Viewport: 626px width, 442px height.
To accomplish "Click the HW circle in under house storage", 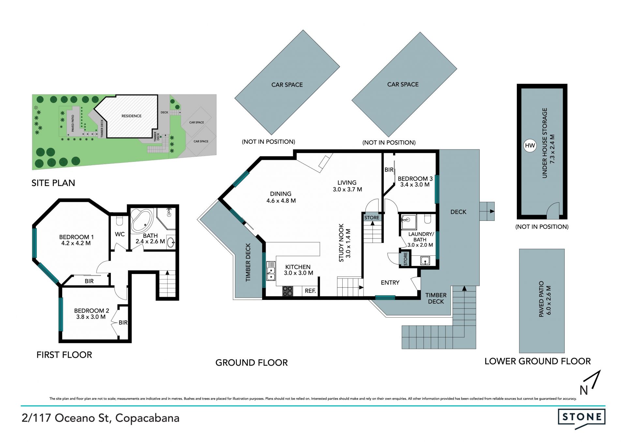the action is click(530, 145).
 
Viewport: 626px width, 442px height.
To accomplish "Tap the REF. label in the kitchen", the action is click(310, 291).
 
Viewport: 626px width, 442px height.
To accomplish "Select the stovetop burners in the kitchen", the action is click(288, 291).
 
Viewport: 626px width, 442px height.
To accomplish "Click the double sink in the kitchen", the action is click(271, 271).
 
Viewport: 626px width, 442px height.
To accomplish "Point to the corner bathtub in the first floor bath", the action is click(142, 220).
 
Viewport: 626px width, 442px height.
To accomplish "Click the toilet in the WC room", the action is click(119, 221).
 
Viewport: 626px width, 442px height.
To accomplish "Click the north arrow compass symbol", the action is click(591, 383).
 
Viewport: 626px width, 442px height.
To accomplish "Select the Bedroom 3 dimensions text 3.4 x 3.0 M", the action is click(415, 185).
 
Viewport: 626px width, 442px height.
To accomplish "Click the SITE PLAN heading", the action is click(53, 183).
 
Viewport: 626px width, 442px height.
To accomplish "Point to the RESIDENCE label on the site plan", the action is click(131, 116).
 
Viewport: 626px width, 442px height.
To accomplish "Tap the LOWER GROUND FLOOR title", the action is click(537, 361).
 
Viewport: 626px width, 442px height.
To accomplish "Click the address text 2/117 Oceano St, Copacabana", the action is click(100, 418).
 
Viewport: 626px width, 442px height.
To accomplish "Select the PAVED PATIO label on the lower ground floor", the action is click(541, 299).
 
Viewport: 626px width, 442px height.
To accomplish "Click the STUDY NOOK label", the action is click(341, 243).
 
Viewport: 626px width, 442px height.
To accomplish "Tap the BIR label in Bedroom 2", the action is click(123, 322).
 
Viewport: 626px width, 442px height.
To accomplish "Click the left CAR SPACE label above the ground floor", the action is click(287, 85).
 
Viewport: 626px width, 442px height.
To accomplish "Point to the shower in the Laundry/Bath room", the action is click(409, 222).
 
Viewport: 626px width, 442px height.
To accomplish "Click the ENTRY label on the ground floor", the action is click(390, 283).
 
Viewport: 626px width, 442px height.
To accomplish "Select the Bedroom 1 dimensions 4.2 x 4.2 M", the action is click(76, 243).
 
